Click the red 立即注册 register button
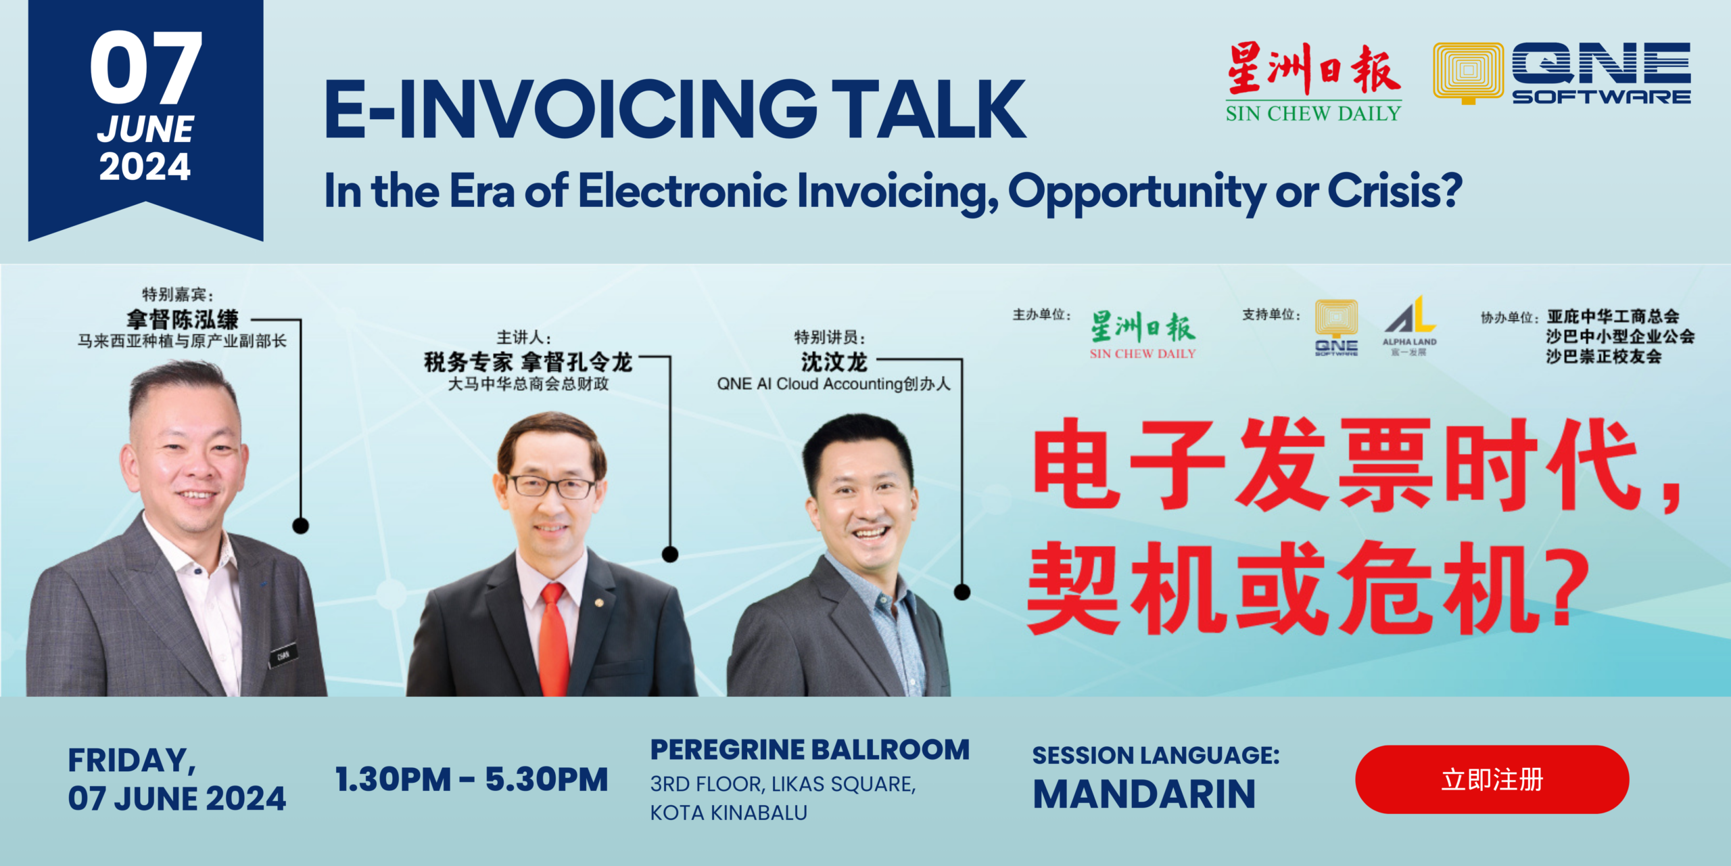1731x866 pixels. coord(1492,779)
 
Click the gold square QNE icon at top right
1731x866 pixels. coord(1468,73)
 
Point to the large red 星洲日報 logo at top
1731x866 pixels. coord(1313,69)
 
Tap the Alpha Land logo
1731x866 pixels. coord(1409,325)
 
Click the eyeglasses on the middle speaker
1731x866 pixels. coord(550,486)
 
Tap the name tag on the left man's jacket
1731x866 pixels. coord(283,654)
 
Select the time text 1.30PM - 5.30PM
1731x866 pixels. coord(472,779)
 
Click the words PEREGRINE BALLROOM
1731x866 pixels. coord(809,750)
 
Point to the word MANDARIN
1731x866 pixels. coord(1144,794)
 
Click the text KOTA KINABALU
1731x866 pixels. coord(728,813)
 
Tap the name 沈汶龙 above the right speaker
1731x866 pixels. coord(834,362)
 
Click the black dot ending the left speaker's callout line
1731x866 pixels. coord(300,525)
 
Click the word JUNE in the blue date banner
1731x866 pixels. coord(145,129)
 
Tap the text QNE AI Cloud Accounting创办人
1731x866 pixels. coord(833,384)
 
